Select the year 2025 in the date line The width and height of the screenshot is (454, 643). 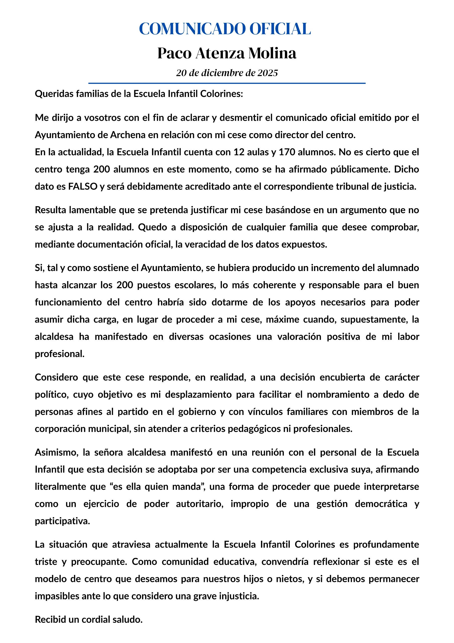268,73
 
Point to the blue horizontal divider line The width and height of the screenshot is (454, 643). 227,83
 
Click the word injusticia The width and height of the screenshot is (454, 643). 239,596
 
